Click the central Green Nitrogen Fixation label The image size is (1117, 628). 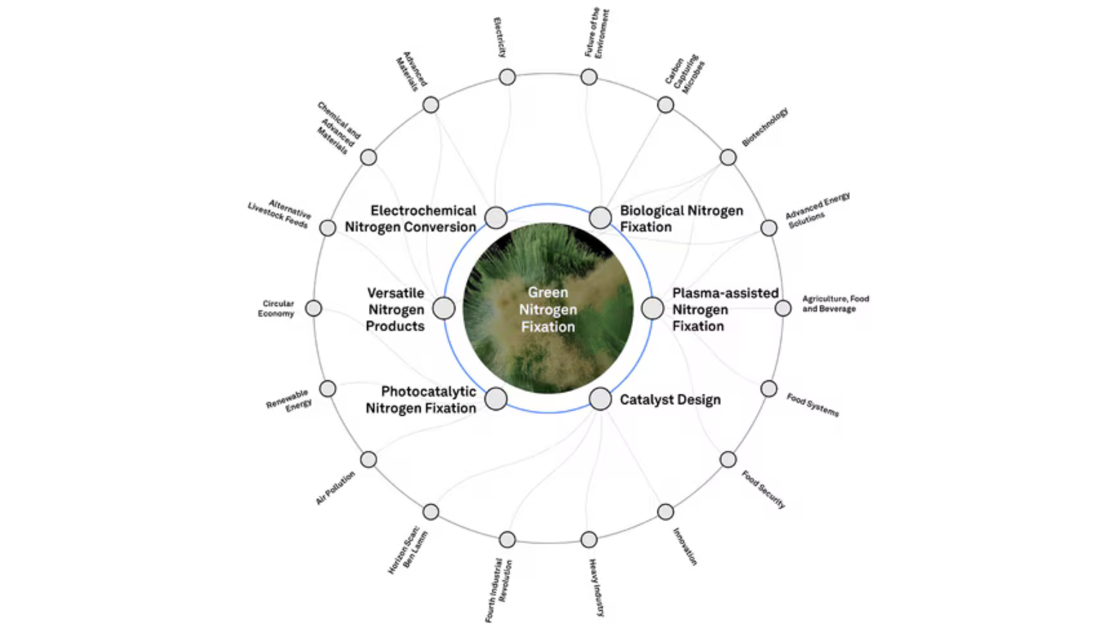coord(548,309)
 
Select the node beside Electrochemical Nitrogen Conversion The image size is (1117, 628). coord(496,217)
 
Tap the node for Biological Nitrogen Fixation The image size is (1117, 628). coord(600,217)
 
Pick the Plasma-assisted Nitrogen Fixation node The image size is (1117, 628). coord(652,308)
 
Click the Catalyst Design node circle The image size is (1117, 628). coord(600,399)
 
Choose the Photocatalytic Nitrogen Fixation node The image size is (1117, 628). coord(496,399)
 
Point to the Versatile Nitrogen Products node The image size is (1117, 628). coord(444,308)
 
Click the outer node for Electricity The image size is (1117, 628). coord(507,77)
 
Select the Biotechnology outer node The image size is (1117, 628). coord(728,157)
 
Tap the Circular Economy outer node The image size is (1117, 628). coord(314,308)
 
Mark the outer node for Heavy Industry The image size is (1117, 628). coord(589,540)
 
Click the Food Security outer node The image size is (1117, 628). coord(728,459)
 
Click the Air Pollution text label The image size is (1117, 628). coord(335,488)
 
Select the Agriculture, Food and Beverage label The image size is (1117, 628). coord(835,304)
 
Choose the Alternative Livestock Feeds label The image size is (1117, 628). coord(280,213)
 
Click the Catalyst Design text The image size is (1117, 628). coord(670,399)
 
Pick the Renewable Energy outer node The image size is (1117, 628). coord(328,388)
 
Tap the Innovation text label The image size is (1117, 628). coord(685,546)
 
